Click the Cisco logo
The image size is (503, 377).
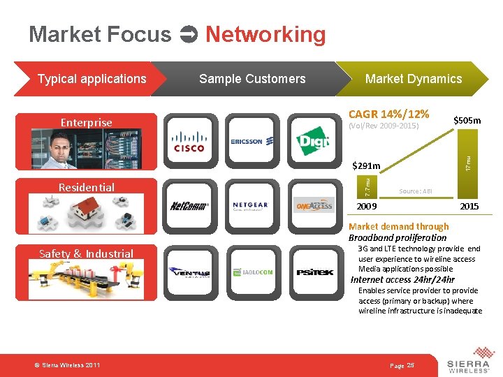point(189,142)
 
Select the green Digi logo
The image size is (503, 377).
point(312,142)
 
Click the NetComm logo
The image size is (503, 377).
point(189,206)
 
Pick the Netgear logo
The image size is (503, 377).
point(250,206)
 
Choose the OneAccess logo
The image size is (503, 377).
point(312,206)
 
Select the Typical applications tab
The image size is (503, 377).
point(92,79)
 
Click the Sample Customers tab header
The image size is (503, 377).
point(252,79)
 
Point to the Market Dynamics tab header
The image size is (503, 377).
point(414,79)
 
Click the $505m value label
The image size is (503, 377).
point(467,121)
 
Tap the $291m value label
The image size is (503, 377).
point(366,166)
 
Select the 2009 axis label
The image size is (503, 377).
point(367,207)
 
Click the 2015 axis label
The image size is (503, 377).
point(469,207)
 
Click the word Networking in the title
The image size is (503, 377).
point(265,34)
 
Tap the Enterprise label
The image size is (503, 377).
point(86,123)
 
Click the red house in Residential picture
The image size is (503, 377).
point(86,208)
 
